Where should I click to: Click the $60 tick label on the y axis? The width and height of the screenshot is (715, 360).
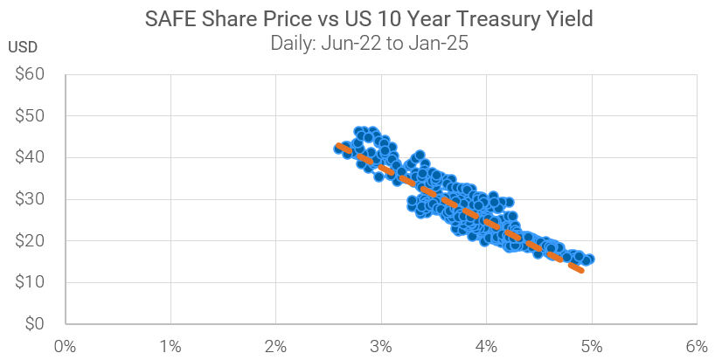(31, 74)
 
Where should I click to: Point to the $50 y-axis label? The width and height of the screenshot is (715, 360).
(31, 116)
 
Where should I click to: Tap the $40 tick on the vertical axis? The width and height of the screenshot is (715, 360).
(31, 157)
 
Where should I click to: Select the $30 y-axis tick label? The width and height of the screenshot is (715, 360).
(31, 199)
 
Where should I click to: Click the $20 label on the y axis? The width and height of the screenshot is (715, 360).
(31, 240)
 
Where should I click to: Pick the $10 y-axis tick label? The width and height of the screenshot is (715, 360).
(31, 282)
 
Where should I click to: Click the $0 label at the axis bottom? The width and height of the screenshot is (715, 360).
(36, 324)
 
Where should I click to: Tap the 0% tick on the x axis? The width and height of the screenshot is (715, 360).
(65, 345)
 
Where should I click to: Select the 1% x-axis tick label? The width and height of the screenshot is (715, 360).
(170, 345)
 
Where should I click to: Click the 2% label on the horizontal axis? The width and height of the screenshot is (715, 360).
(275, 345)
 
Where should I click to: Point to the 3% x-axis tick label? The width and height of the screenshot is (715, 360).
(381, 345)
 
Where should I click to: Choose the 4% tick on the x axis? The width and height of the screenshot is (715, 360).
(486, 345)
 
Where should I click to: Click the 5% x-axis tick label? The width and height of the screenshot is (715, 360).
(592, 345)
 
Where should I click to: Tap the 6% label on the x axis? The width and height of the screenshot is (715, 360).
(697, 345)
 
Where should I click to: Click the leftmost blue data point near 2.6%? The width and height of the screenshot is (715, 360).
(339, 149)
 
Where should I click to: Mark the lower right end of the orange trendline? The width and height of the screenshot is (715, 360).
(581, 271)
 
